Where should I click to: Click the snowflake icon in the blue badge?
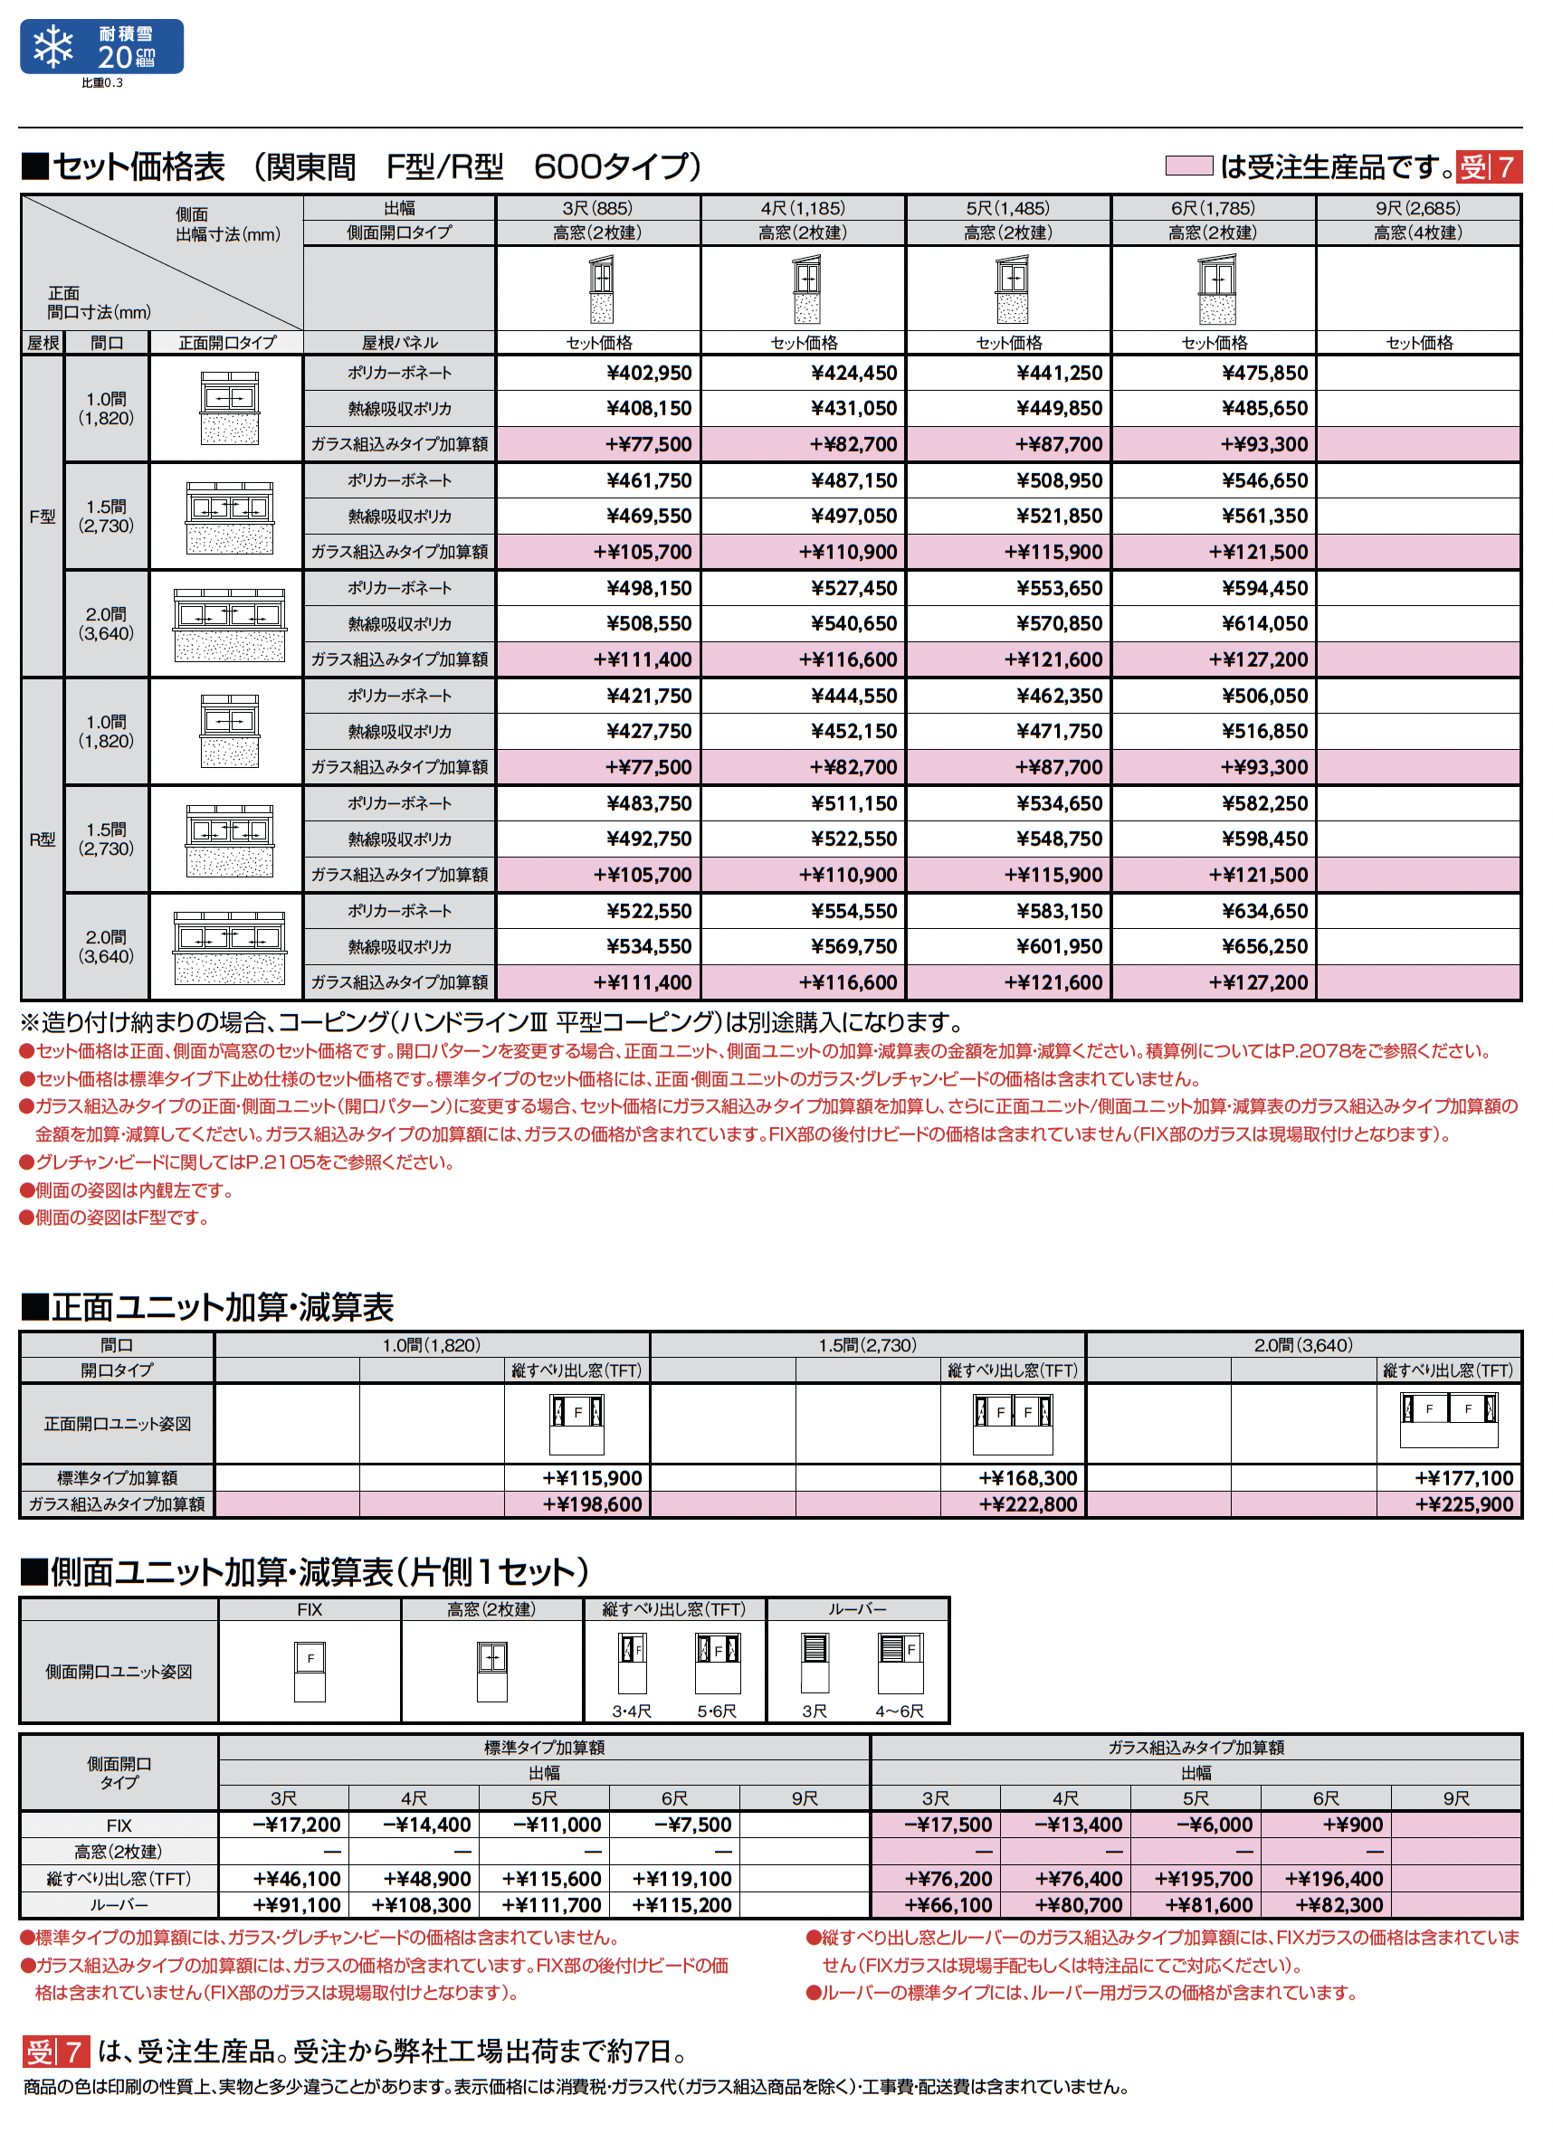click(53, 46)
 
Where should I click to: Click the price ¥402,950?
click(649, 374)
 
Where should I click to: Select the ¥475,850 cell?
click(1264, 374)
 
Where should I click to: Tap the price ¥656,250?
click(1264, 947)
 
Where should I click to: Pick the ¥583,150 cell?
click(1059, 911)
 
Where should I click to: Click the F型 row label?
click(43, 517)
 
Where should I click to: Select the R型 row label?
click(43, 839)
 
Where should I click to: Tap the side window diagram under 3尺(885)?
click(601, 289)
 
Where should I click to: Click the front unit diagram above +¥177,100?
click(1449, 1421)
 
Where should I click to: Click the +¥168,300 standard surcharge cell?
click(1027, 1478)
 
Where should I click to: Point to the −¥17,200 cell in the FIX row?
click(296, 1825)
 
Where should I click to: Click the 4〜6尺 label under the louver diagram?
click(900, 1711)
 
